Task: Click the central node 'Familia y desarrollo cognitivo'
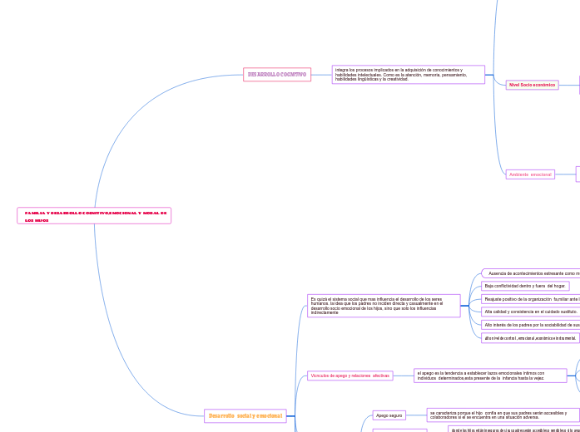[93, 216]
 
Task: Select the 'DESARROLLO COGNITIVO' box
[276, 75]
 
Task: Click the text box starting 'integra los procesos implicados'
[408, 75]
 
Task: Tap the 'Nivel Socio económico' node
[532, 85]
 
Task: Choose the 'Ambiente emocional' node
[530, 174]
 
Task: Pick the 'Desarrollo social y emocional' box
[245, 415]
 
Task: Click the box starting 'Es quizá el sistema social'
[384, 306]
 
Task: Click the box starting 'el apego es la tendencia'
[490, 376]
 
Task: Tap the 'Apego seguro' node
[389, 415]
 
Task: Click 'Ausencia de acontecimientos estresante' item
[533, 273]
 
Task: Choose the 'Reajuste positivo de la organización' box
[530, 298]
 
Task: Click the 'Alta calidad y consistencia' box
[530, 312]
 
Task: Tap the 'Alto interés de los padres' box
[530, 325]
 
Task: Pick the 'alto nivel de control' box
[530, 338]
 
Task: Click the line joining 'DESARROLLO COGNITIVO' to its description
[321, 75]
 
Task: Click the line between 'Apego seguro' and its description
[416, 415]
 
